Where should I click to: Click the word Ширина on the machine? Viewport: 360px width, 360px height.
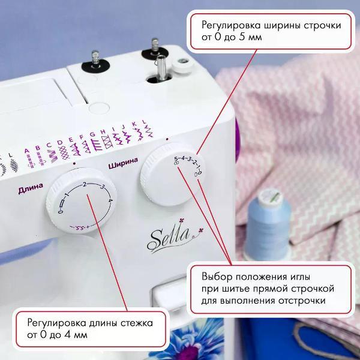[123, 163]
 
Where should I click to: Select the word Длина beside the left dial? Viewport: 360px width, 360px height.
[31, 188]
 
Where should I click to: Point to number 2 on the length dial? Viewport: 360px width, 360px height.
[85, 184]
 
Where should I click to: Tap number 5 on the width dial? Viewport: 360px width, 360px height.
[176, 158]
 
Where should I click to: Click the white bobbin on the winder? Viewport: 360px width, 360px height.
[183, 66]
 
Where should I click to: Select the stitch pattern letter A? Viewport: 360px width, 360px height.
[27, 151]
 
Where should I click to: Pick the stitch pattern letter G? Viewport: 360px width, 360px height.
[93, 134]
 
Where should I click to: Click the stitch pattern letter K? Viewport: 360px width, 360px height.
[134, 124]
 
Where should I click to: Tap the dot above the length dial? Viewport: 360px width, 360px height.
[74, 164]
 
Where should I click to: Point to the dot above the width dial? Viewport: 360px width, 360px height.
[167, 139]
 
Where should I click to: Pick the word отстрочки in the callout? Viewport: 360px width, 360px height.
[302, 301]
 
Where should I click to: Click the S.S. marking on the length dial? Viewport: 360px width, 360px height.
[80, 228]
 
